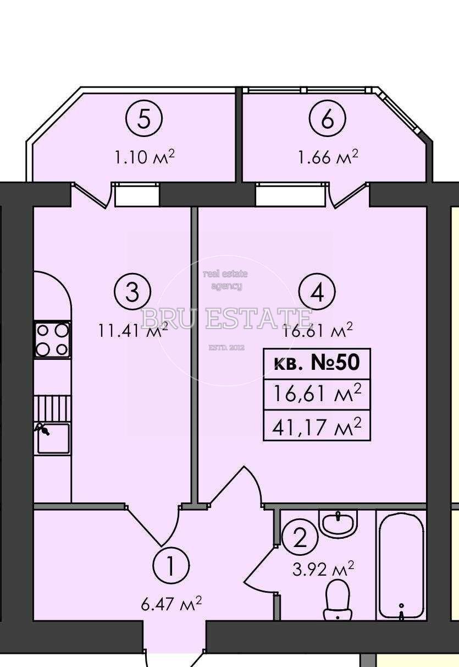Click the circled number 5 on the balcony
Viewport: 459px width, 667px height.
click(144, 118)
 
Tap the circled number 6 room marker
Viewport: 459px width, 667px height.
click(327, 118)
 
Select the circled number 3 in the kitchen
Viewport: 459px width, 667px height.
click(132, 292)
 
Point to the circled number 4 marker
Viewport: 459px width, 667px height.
click(317, 292)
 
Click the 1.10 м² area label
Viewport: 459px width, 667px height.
click(144, 157)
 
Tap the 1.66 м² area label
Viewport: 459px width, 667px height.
click(328, 157)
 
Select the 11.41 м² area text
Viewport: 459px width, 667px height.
click(132, 330)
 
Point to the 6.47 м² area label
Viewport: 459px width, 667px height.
click(172, 605)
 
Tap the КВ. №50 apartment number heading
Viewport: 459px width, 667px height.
click(317, 364)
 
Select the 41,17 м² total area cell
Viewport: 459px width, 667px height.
click(317, 427)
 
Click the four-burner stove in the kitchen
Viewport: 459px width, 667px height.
click(53, 340)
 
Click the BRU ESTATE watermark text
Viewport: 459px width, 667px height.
click(226, 318)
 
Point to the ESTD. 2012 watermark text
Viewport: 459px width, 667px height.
click(226, 347)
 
